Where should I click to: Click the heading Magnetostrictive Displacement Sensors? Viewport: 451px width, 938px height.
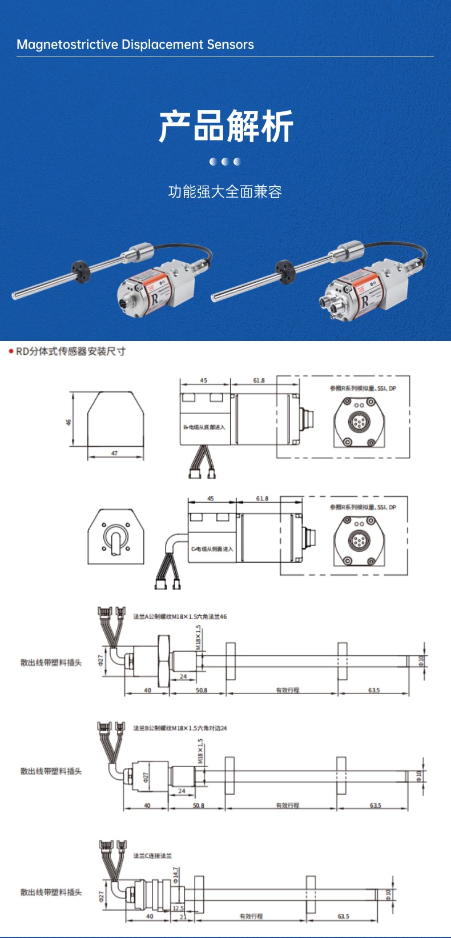[x=135, y=45]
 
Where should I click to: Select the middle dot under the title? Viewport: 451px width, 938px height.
[x=226, y=162]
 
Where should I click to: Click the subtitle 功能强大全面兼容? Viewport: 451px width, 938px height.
[x=225, y=192]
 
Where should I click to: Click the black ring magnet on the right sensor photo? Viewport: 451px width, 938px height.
[x=284, y=267]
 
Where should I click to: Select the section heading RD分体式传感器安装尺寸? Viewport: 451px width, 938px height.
[x=70, y=351]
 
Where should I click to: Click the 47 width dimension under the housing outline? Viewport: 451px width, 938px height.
[x=115, y=454]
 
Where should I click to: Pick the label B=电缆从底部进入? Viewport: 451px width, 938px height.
[x=204, y=427]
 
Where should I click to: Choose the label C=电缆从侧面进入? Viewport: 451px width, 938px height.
[x=212, y=549]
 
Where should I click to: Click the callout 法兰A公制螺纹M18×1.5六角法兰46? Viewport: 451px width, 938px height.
[x=180, y=617]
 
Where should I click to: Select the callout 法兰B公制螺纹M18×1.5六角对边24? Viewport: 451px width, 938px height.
[x=180, y=728]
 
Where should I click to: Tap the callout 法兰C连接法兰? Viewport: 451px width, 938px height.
[x=152, y=856]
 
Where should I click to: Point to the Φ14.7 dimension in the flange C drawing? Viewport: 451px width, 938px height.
[x=176, y=875]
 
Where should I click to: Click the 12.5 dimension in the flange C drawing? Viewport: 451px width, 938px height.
[x=178, y=908]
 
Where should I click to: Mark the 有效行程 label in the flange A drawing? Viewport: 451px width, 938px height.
[x=288, y=691]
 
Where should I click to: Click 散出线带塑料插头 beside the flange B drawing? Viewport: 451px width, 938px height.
[x=51, y=771]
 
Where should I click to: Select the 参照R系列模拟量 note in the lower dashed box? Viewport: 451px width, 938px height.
[x=363, y=507]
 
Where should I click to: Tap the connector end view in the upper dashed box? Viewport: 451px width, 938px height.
[x=359, y=422]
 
